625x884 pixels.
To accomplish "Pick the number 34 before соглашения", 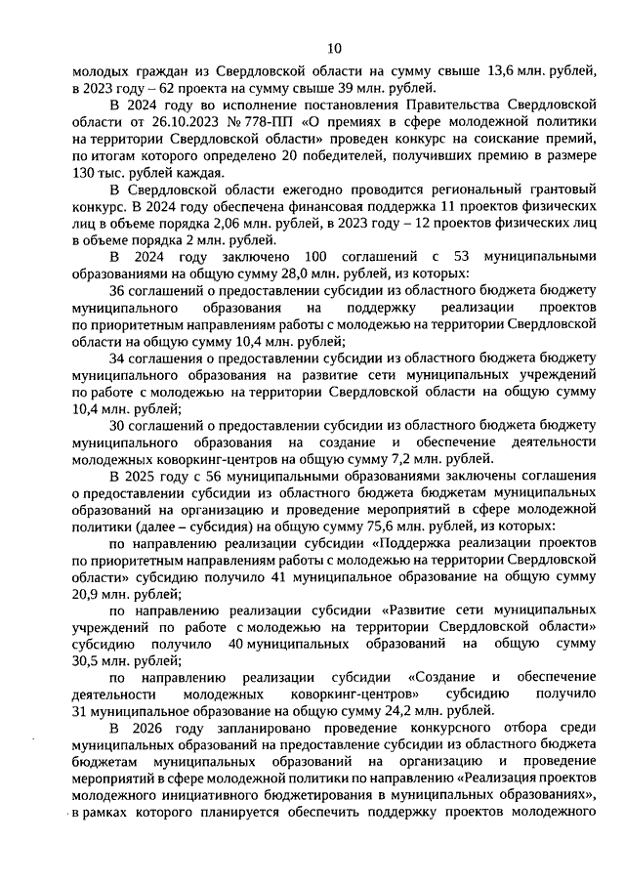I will click(119, 359).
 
